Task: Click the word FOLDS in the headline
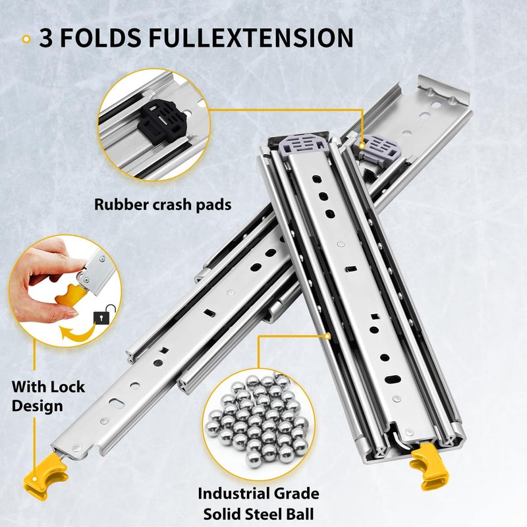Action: pyautogui.click(x=101, y=38)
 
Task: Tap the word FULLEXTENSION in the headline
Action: pyautogui.click(x=251, y=38)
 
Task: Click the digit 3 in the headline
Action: pyautogui.click(x=46, y=38)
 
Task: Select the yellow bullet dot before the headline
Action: pyautogui.click(x=26, y=40)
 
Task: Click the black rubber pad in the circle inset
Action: pyautogui.click(x=161, y=122)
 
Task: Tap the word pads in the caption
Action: pyautogui.click(x=213, y=205)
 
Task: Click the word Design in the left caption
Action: pyautogui.click(x=38, y=406)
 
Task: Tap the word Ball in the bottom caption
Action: pyautogui.click(x=300, y=514)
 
